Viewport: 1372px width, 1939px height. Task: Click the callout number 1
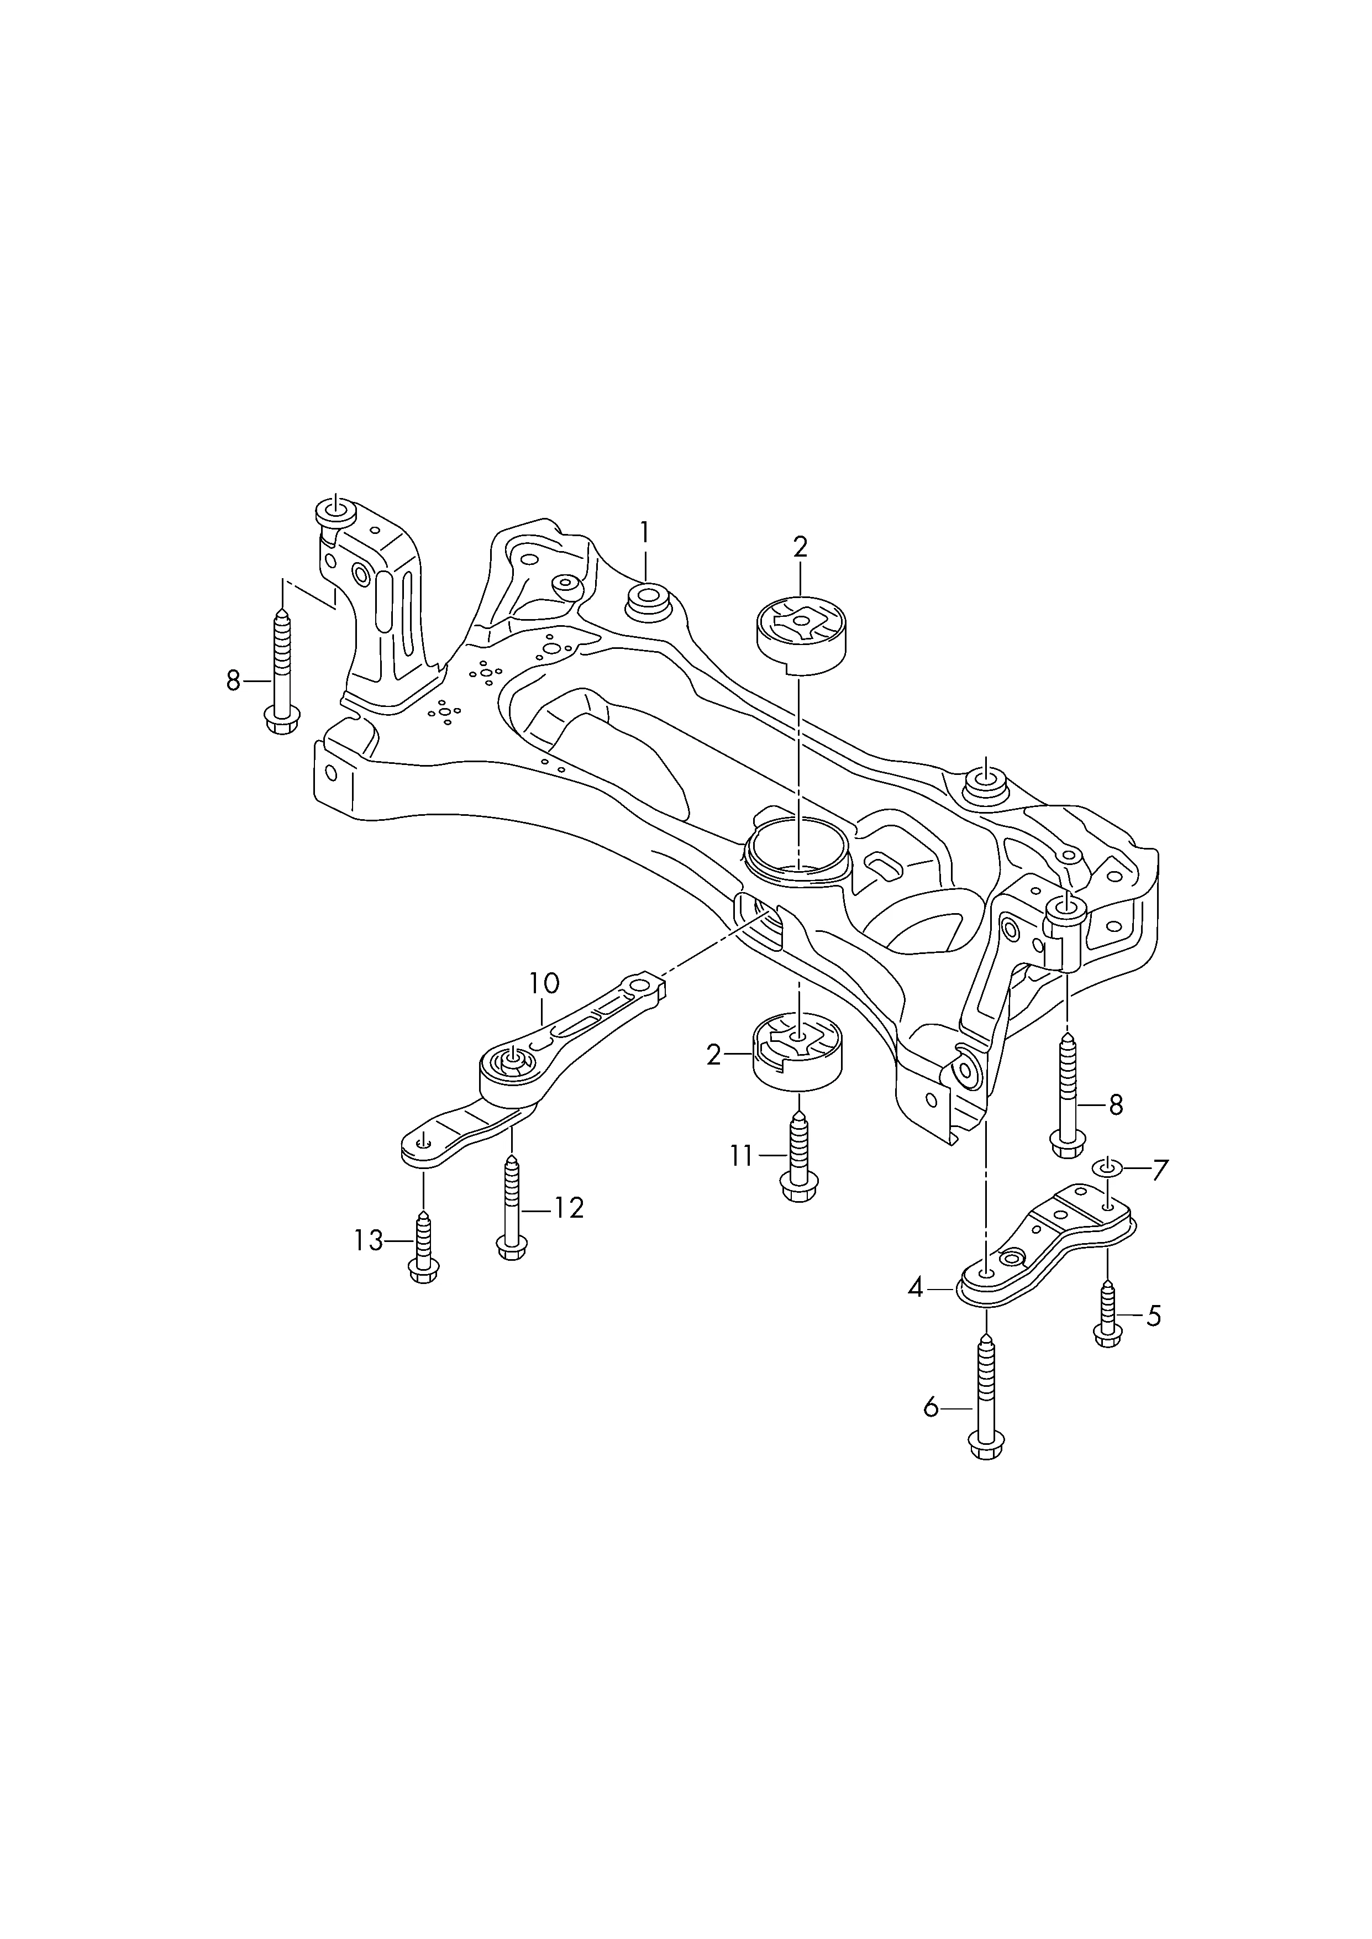click(x=645, y=533)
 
